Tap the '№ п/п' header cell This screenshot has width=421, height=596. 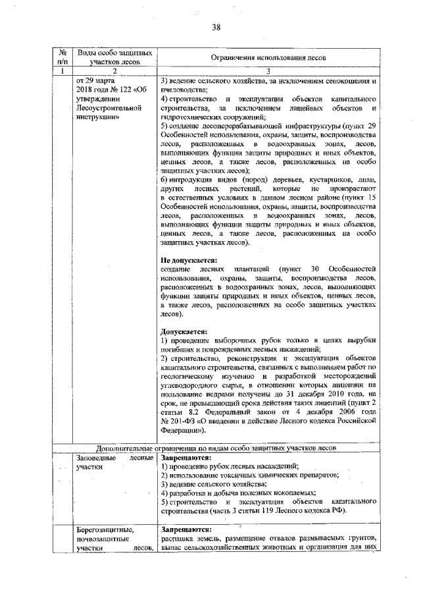click(61, 57)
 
